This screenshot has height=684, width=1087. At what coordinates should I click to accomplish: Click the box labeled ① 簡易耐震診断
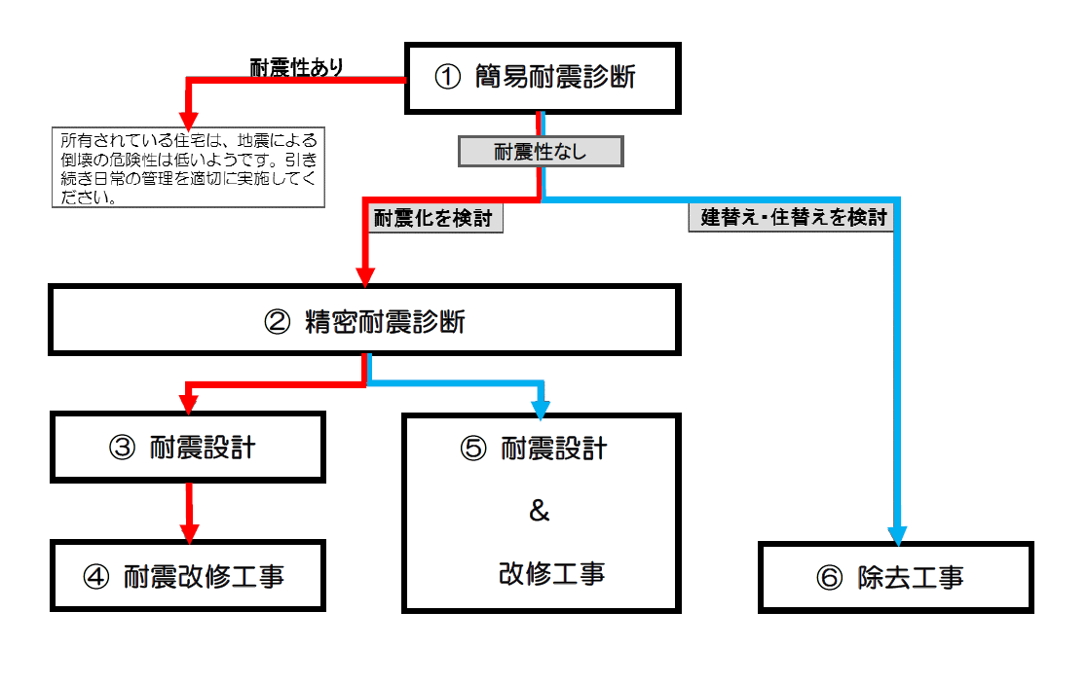541,77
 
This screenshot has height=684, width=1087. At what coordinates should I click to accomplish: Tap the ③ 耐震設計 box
187,447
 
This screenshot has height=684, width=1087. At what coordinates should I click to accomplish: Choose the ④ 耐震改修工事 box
187,576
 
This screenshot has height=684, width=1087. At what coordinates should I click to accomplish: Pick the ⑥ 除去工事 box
895,577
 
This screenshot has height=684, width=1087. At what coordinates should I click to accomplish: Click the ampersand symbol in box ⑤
540,511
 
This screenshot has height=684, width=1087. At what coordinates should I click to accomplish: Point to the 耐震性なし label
541,152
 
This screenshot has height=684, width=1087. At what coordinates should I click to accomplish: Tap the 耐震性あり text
297,67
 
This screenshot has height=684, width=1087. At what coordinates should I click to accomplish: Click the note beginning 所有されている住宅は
187,166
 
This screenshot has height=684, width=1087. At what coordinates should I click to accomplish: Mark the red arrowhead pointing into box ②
365,276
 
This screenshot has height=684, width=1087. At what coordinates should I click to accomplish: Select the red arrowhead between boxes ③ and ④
188,531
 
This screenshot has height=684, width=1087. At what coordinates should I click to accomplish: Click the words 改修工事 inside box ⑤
551,573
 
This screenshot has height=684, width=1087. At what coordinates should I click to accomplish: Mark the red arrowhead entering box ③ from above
187,405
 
